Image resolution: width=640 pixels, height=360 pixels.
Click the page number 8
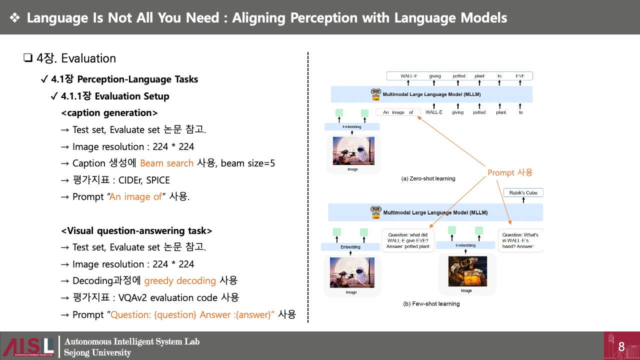tap(621, 346)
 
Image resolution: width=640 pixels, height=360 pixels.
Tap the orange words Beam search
tap(166, 163)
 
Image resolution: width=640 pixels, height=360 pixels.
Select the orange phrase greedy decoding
tap(180, 280)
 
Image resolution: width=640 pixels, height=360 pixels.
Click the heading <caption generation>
tap(109, 113)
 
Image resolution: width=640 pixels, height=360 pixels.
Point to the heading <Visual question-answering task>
tap(136, 231)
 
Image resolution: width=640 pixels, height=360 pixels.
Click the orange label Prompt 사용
tap(510, 172)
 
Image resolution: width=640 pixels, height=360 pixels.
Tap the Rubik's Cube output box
tap(523, 193)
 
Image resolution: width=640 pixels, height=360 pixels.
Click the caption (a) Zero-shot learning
tap(428, 178)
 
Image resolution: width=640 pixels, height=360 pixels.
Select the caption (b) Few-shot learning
tap(431, 303)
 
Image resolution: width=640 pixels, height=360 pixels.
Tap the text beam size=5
tap(248, 163)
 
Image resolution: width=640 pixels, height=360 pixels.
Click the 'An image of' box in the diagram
tap(398, 112)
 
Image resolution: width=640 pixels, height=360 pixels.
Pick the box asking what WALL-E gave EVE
tap(408, 240)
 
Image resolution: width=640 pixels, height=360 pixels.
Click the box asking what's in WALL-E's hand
tap(520, 240)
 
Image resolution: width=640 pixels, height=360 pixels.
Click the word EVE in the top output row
tap(520, 76)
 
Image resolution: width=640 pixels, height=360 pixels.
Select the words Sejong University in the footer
tap(97, 353)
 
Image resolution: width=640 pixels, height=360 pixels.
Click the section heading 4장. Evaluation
tap(76, 58)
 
